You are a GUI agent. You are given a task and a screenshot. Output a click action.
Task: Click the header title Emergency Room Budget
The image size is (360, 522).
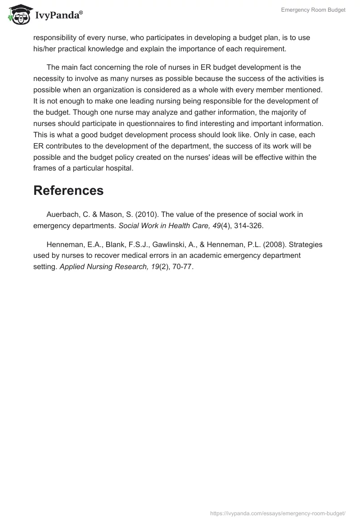click(x=313, y=10)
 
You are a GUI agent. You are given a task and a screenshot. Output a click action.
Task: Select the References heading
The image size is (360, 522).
click(x=68, y=190)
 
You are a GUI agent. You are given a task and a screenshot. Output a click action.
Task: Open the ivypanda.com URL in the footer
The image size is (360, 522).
click(x=278, y=513)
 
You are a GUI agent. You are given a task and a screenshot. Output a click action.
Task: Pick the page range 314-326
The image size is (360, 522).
click(x=247, y=226)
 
